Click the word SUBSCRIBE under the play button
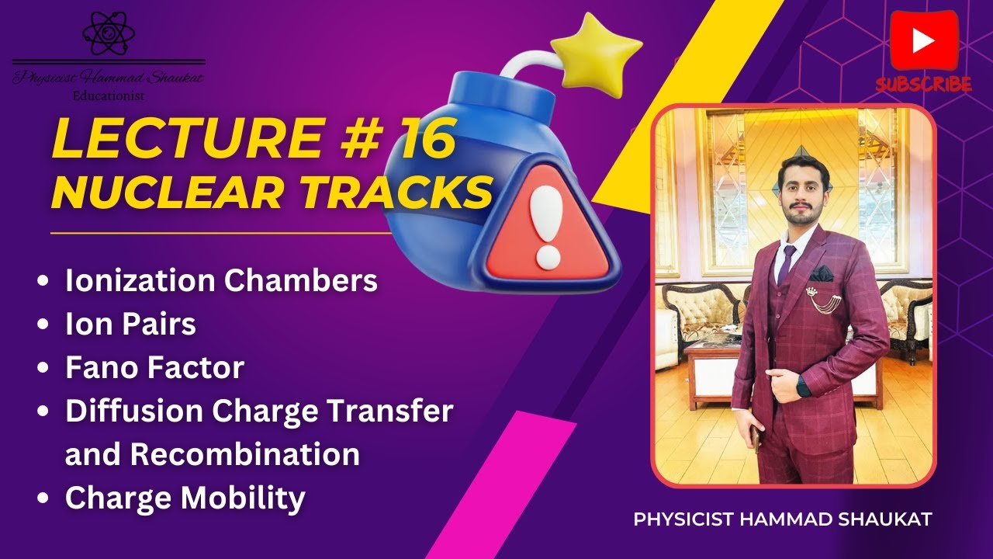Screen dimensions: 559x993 [924, 84]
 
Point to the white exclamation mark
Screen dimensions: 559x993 [547, 225]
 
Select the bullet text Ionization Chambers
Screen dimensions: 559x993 [221, 281]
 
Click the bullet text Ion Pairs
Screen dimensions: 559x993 [130, 325]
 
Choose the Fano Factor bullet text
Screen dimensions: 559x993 [154, 367]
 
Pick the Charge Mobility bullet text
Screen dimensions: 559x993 [185, 498]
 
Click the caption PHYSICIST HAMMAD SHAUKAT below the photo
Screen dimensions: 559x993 [782, 519]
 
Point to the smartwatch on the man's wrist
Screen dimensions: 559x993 [804, 386]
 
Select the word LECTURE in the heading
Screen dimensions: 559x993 [182, 141]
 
